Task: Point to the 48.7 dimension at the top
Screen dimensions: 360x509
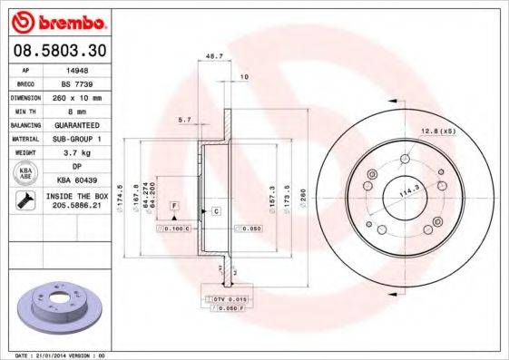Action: point(215,55)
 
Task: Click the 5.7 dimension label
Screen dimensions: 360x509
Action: point(184,119)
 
